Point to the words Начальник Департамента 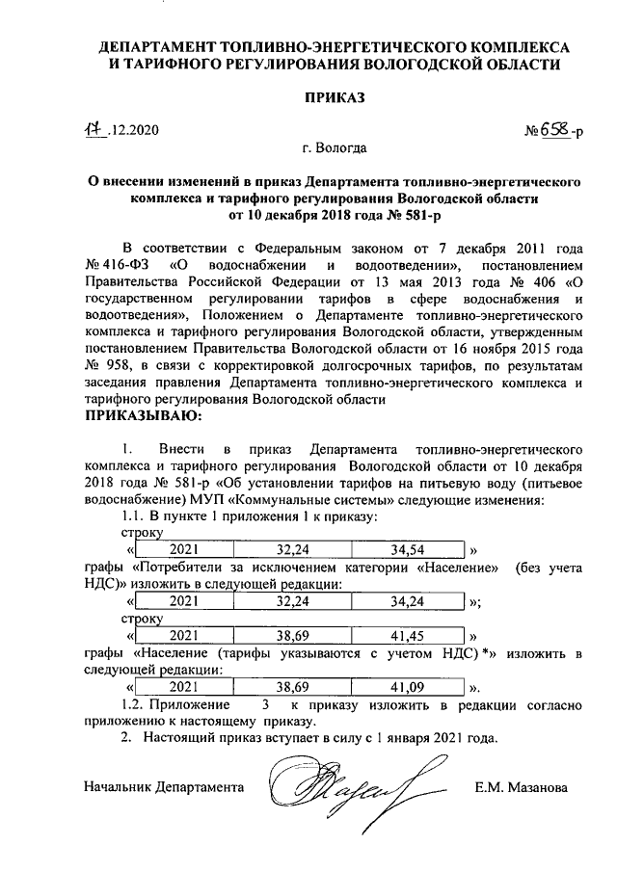click(x=164, y=787)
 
